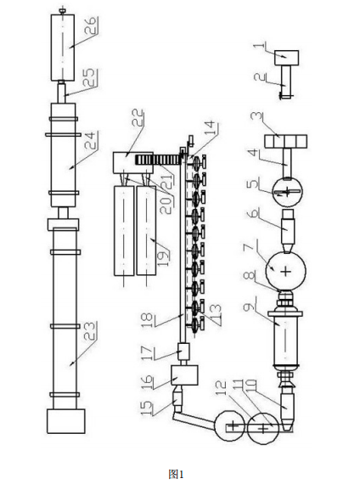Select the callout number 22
click(x=138, y=117)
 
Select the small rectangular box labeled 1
click(x=287, y=58)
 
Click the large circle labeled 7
click(x=285, y=271)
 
